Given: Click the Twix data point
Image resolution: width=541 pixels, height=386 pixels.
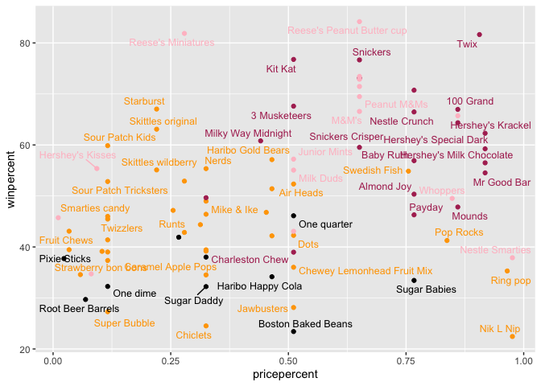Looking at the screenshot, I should coord(479,35).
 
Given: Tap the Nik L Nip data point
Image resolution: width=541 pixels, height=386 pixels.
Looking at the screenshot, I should coord(512,336).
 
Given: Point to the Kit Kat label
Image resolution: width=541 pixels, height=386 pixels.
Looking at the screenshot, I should coord(281,69).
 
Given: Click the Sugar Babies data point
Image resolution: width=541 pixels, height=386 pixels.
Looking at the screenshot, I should coord(414,281).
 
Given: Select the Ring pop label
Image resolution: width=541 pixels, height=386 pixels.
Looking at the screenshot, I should coord(511,281).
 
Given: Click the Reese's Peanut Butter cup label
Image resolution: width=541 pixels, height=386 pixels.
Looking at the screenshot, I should coord(347,31).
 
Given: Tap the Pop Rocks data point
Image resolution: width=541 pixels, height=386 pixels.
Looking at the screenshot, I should coord(447,240).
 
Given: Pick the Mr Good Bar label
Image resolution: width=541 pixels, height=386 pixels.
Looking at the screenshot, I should coord(502,183).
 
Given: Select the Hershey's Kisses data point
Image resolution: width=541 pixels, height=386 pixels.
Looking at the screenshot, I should coord(97,168).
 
